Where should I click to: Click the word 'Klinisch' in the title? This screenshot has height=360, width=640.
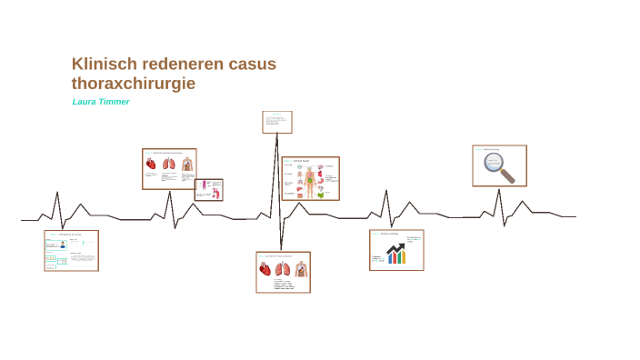coord(100,64)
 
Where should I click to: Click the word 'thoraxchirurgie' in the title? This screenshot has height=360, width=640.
coord(133,84)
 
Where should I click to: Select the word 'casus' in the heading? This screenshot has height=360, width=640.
coord(252,64)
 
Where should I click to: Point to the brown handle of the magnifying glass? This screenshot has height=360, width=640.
coord(507,175)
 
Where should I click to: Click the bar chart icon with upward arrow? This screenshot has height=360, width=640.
coord(396,253)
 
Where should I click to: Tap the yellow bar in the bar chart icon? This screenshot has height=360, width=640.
coord(404,257)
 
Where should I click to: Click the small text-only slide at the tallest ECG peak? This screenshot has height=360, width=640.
coord(277,122)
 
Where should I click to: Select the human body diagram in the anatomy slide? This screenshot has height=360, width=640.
coord(310,180)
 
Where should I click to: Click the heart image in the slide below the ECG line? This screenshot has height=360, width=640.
coord(265,269)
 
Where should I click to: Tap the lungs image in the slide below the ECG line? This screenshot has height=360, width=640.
coord(282,269)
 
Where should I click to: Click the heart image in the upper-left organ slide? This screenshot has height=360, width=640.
coord(151,165)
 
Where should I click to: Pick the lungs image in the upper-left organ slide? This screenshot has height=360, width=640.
coord(169,165)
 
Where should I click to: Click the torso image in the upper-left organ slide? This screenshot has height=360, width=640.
coord(187,165)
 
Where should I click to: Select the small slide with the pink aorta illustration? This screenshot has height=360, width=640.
coord(208,189)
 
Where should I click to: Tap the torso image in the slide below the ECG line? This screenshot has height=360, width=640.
coord(300,269)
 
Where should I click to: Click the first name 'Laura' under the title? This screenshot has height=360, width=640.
coord(85,102)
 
